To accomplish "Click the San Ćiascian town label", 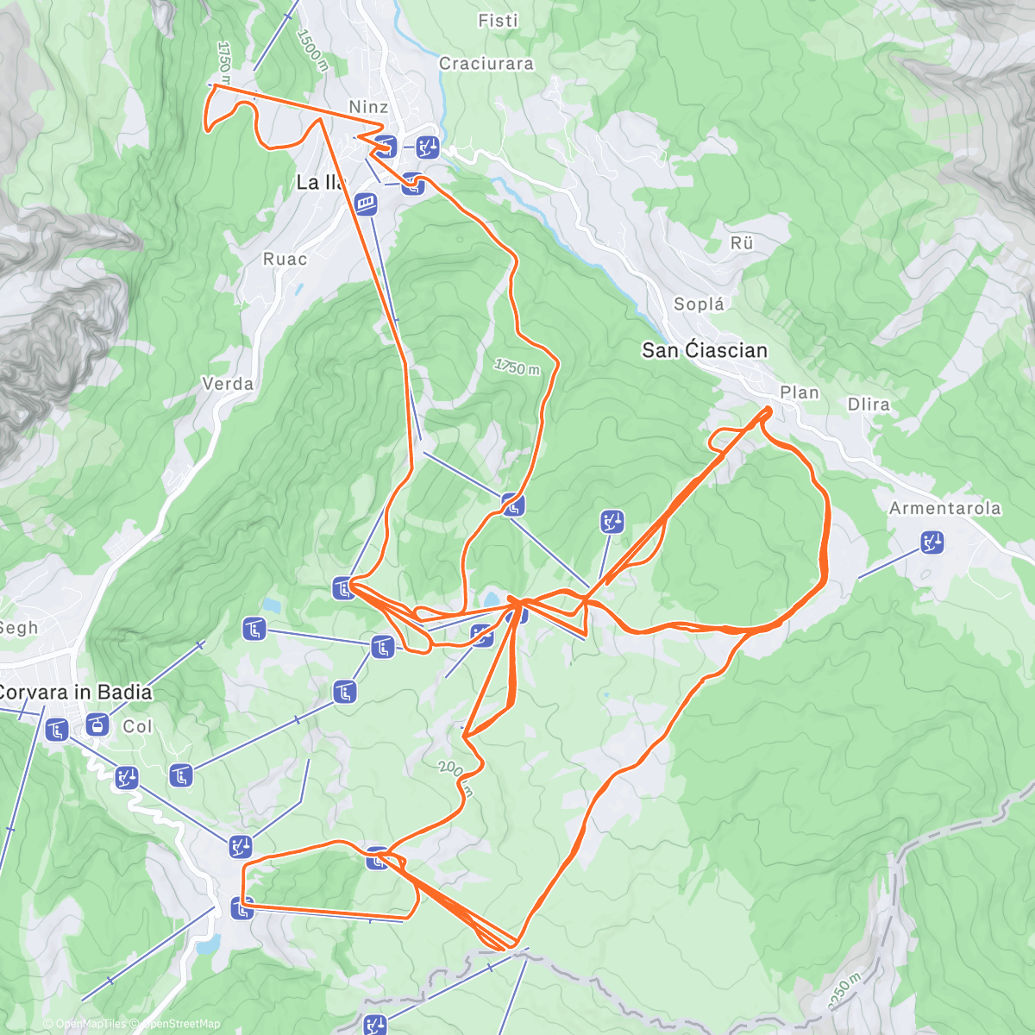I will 704,350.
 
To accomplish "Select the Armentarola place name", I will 944,509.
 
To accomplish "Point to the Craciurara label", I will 486,64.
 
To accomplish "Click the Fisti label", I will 498,21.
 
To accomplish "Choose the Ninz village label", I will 368,107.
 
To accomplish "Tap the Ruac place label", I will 285,259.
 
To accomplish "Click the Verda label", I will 228,384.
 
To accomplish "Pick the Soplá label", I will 699,304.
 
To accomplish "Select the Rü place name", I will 742,243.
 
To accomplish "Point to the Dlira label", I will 868,405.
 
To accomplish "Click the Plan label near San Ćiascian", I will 799,393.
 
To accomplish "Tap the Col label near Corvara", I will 137,727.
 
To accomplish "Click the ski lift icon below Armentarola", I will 931,543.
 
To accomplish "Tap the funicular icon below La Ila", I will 367,204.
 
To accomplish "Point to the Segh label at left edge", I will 17,628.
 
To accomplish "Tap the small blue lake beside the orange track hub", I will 492,597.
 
